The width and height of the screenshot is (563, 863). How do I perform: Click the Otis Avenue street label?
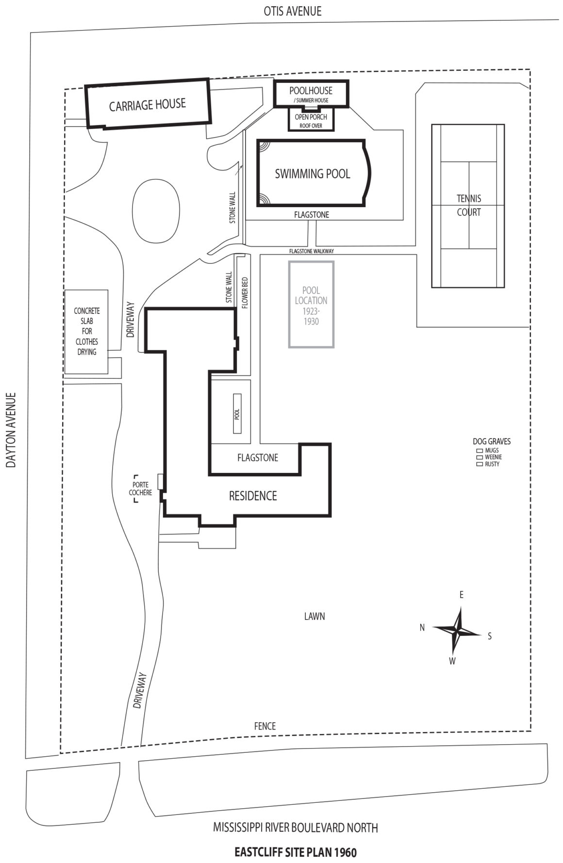tap(292, 11)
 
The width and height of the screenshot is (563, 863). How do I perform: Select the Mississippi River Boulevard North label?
tap(295, 827)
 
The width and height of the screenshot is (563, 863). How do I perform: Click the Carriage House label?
tap(147, 104)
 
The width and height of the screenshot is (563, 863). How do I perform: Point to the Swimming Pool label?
tap(312, 174)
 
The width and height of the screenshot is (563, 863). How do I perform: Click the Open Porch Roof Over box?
tap(311, 120)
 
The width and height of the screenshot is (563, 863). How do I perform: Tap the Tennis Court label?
tap(468, 205)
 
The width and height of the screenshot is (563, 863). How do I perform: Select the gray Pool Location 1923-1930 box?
tap(311, 305)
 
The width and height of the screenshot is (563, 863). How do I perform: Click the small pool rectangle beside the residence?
tap(237, 413)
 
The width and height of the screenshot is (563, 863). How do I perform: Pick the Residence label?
tap(252, 496)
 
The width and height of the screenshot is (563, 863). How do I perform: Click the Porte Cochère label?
tap(140, 488)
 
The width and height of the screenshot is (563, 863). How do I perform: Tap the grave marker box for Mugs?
tap(479, 450)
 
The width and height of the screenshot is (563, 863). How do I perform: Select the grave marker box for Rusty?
tap(479, 464)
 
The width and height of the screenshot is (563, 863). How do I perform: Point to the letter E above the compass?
tap(461, 595)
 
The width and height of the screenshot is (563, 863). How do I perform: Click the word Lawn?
tap(314, 616)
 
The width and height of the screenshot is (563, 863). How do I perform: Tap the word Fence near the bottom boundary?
tap(265, 726)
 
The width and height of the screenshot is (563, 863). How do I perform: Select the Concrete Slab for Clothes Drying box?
tap(86, 331)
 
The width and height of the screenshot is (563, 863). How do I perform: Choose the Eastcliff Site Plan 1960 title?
tap(295, 852)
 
